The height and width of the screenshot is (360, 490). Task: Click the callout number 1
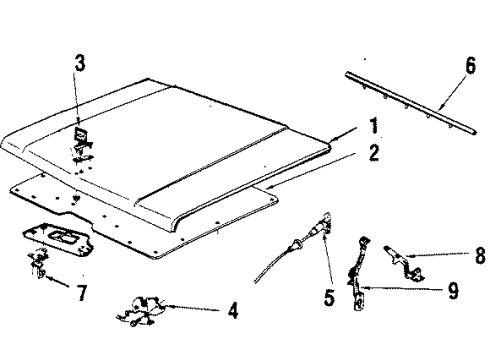tap(373, 127)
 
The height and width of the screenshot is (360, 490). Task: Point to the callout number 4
tap(232, 311)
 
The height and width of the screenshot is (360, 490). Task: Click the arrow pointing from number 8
tap(444, 256)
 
